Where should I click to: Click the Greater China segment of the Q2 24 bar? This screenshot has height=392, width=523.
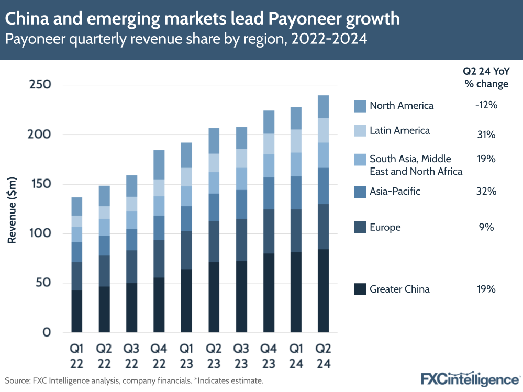pos(322,290)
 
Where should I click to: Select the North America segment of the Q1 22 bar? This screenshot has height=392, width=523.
pos(77,206)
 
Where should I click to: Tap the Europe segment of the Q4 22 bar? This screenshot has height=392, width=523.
pos(159,259)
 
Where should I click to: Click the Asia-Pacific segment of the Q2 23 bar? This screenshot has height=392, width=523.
pos(214,207)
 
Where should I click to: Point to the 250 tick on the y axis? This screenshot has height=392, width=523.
pos(40,85)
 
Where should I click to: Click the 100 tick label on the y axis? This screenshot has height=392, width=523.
pos(40,233)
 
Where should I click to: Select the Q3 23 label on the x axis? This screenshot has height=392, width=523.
pos(241,355)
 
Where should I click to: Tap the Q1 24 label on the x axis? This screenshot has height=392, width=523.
pos(295,355)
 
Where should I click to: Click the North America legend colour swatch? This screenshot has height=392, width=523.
pos(360,106)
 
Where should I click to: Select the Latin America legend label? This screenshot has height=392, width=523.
pos(399,131)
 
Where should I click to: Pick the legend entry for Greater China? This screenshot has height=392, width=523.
pos(399,289)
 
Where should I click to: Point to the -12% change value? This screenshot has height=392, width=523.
pos(486,105)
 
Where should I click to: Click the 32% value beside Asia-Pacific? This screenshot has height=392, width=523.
pos(486,192)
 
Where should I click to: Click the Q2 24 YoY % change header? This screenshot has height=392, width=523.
pos(486,79)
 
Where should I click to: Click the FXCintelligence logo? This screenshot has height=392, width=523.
pos(470,378)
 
